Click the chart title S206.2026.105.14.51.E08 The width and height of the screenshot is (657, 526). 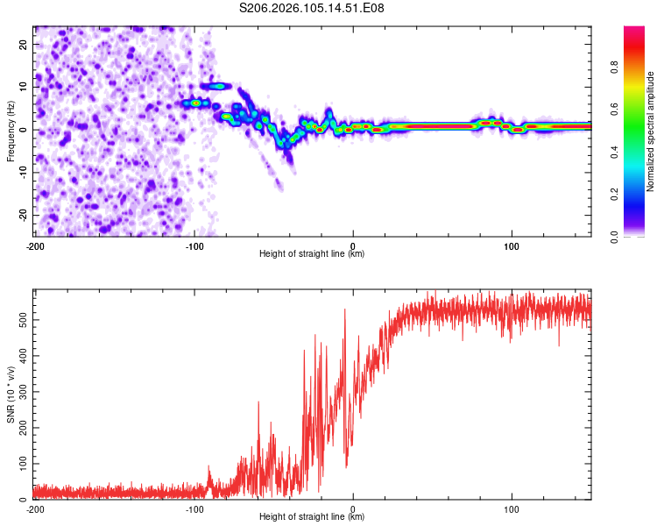pos(312,8)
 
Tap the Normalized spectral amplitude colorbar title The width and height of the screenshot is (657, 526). pos(651,131)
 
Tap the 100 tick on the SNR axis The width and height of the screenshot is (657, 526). pos(21,462)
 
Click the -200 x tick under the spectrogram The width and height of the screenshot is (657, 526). pos(35,245)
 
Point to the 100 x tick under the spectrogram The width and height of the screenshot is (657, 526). pos(512,245)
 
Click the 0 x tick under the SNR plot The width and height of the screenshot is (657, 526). pos(353,508)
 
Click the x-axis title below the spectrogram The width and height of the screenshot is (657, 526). pos(312,254)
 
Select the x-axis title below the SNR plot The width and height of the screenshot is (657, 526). pos(312,518)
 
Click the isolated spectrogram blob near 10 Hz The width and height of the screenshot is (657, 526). pos(215,86)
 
